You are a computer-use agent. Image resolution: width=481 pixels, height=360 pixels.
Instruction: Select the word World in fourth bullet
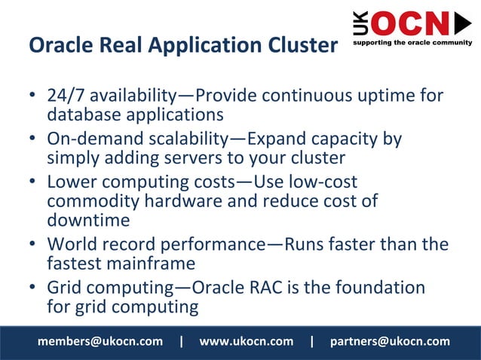tap(71, 245)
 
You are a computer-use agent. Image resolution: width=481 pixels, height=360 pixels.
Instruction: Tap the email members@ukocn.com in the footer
tap(100, 341)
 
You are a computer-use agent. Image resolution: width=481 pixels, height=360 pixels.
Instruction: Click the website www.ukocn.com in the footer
tap(246, 341)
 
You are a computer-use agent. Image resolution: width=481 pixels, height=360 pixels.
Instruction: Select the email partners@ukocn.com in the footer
tap(390, 341)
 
